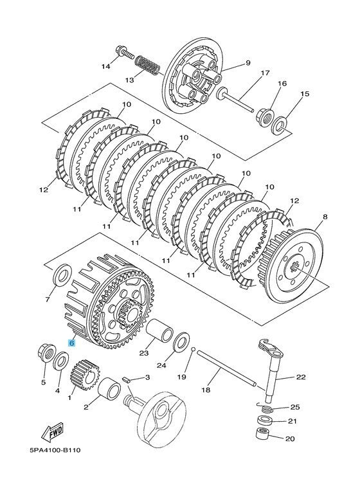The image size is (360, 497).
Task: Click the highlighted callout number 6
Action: (x=72, y=344)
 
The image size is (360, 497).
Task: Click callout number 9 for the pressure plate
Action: (x=246, y=63)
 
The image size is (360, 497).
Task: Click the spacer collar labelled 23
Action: (x=156, y=332)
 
